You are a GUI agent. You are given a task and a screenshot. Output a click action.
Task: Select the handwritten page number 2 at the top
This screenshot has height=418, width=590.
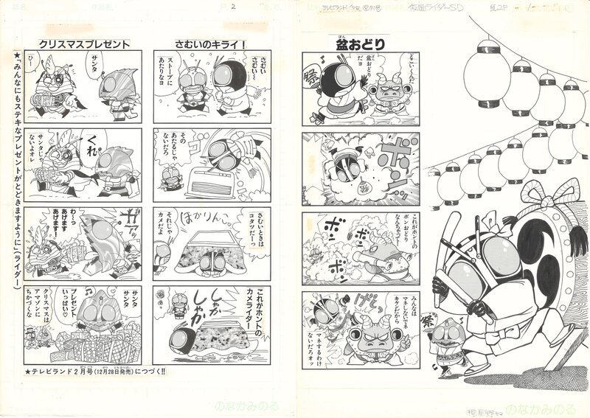(232, 7)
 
